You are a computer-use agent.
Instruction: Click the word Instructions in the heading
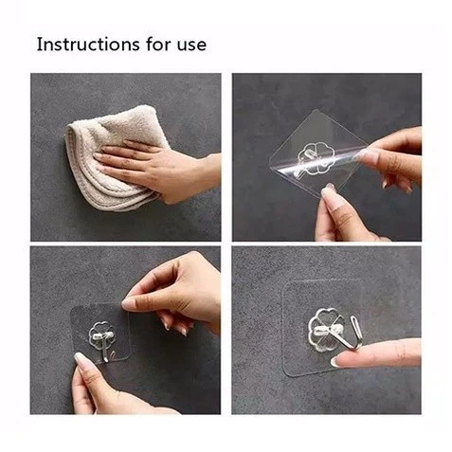pos(88,45)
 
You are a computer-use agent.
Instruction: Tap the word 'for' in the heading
pos(158,44)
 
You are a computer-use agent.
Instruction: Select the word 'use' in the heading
pos(191,45)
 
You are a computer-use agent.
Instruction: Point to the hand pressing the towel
pos(158,169)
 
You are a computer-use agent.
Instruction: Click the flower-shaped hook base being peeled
pos(316,159)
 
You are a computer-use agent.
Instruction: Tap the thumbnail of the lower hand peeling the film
pos(326,192)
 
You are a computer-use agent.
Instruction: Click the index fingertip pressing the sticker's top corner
pos(127,305)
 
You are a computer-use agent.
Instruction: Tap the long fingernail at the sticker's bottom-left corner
pos(79,359)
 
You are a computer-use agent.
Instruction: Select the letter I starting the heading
pos(39,45)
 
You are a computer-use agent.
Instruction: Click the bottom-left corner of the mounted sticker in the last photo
pos(287,373)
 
